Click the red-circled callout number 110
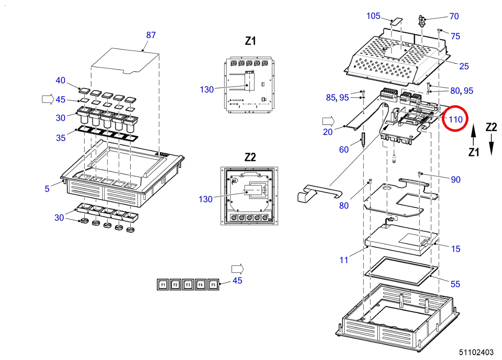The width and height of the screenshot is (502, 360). coord(456,119)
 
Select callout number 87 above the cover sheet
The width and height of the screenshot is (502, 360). coord(151,35)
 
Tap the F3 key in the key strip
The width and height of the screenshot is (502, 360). coord(187,285)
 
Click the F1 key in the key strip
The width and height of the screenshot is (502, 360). coord(163,285)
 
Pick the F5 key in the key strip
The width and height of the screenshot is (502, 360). coord(213,285)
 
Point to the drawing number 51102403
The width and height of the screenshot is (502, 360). coord(476,352)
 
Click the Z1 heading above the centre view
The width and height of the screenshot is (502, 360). coord(250,41)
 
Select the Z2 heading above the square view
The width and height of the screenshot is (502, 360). coord(250,157)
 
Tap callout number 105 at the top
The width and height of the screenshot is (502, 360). coord(373,16)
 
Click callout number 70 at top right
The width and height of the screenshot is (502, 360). coord(454,16)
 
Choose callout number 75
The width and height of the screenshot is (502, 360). coord(455,36)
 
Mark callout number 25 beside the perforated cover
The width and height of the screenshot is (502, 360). coord(464,66)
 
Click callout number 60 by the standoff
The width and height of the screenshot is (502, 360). coord(344,149)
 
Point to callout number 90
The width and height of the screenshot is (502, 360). coord(456,180)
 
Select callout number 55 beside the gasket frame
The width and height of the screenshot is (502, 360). coord(455,284)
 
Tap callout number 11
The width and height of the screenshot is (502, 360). coord(344,260)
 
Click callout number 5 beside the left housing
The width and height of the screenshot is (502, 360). coord(47,188)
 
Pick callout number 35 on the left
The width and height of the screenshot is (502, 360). coord(60,138)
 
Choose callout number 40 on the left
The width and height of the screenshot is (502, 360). coord(60,80)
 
